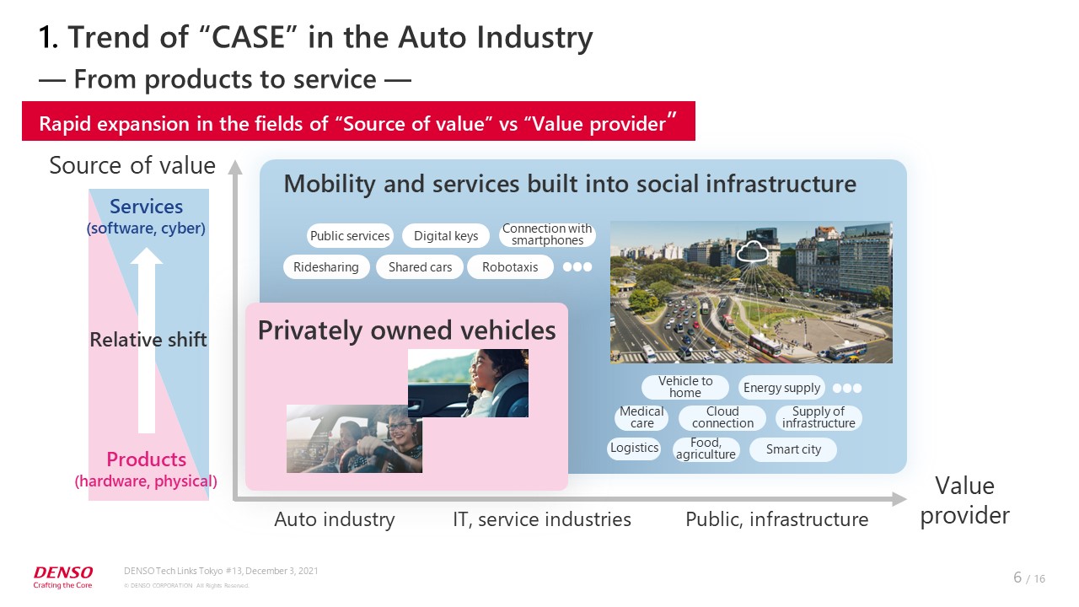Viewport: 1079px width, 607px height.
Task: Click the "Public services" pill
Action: click(350, 235)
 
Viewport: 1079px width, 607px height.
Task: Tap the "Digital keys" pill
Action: click(446, 235)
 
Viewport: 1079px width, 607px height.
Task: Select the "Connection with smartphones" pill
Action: click(547, 234)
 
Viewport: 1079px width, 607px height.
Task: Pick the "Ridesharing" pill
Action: click(326, 267)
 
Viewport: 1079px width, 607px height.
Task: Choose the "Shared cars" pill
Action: click(420, 267)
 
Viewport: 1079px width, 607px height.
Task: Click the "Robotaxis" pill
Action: click(510, 267)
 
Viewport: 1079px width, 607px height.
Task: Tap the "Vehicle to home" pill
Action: click(685, 387)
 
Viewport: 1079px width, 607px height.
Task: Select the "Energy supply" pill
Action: click(781, 388)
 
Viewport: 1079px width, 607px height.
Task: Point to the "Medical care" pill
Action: click(641, 417)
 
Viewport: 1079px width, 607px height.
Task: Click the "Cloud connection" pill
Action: click(722, 417)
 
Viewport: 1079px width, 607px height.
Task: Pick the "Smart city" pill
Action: click(793, 449)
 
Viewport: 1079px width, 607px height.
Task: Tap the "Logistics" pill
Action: click(634, 448)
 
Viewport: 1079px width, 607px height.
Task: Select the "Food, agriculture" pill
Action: click(706, 449)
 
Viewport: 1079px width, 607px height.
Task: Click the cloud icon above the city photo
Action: click(752, 250)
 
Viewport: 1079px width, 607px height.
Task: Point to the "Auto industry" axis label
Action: click(335, 519)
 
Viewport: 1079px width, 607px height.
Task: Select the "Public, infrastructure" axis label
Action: click(777, 520)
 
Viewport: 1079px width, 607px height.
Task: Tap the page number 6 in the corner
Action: click(1017, 577)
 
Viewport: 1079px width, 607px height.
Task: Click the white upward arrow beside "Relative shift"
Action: click(147, 340)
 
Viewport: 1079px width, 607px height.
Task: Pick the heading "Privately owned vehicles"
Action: click(406, 330)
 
